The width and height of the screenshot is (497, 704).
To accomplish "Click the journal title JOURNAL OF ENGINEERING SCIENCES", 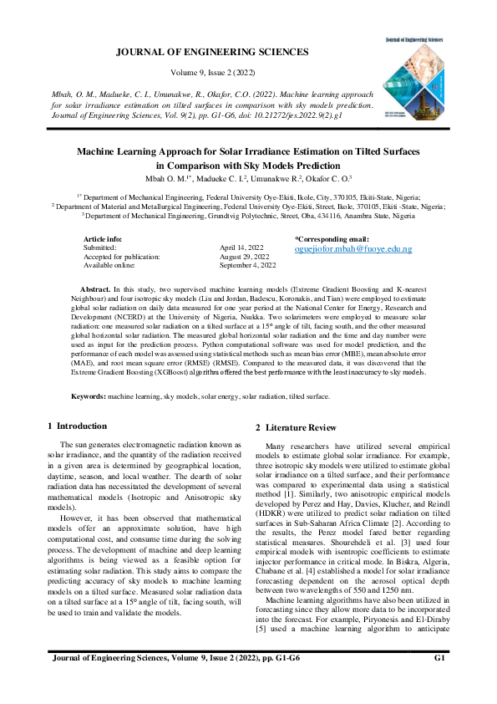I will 211,52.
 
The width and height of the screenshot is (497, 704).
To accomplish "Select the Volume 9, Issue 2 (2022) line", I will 211,74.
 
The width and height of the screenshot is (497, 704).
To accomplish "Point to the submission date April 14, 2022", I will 242,248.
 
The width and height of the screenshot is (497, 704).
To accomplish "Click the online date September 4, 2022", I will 248,265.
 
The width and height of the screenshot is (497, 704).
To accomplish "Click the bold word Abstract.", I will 94,288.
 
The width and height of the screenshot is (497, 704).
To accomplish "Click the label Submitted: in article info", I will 100,248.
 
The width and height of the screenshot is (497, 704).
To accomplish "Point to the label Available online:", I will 109,265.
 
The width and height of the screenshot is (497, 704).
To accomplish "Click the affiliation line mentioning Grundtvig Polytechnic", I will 248,215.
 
